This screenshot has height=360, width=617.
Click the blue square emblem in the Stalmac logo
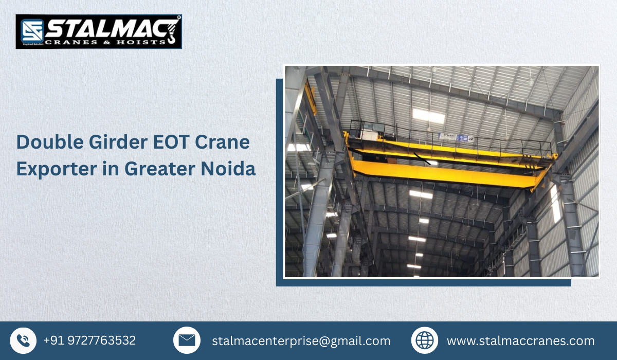click(x=30, y=31)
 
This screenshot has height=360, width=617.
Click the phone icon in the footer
click(x=23, y=340)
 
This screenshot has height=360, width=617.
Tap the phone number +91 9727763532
click(x=90, y=340)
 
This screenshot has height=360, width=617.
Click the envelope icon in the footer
click(x=187, y=340)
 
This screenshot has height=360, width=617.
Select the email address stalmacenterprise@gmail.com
click(x=301, y=341)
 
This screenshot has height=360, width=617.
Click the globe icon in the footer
click(x=425, y=340)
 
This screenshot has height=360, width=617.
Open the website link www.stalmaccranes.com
click(x=520, y=341)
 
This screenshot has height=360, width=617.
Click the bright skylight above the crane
click(x=428, y=116)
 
